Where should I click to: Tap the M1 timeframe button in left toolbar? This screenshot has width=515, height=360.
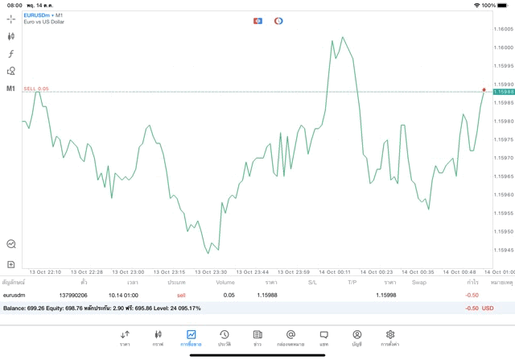11,89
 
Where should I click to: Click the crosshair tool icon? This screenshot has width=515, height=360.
11,18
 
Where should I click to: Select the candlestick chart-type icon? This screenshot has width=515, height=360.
11,35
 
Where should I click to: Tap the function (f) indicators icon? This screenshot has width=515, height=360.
11,53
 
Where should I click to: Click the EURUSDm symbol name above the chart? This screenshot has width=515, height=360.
37,15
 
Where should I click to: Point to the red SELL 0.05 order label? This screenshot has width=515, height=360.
36,89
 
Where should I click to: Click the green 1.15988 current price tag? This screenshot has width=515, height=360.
503,92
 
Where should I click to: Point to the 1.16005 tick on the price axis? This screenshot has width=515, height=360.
504,28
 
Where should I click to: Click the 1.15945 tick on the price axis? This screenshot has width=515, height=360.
504,250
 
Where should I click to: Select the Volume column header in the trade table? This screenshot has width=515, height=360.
225,283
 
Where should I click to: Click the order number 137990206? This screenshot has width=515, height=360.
73,296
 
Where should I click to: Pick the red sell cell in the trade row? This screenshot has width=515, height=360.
181,296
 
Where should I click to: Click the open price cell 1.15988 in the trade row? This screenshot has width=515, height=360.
267,296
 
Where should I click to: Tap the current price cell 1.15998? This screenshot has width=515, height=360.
386,296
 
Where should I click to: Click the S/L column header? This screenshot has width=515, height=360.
313,283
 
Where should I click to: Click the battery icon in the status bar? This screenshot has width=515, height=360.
505,5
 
